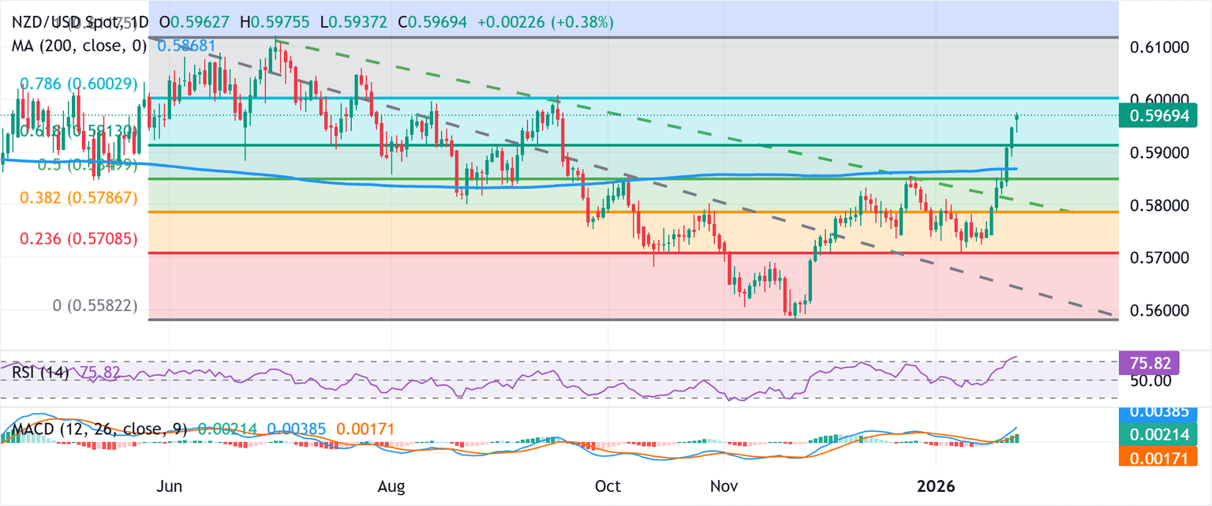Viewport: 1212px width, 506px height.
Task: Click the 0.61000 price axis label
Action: coord(1164,47)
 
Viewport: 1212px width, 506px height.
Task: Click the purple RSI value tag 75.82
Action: coord(1149,363)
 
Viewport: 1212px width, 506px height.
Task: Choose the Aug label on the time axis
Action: coord(391,487)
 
